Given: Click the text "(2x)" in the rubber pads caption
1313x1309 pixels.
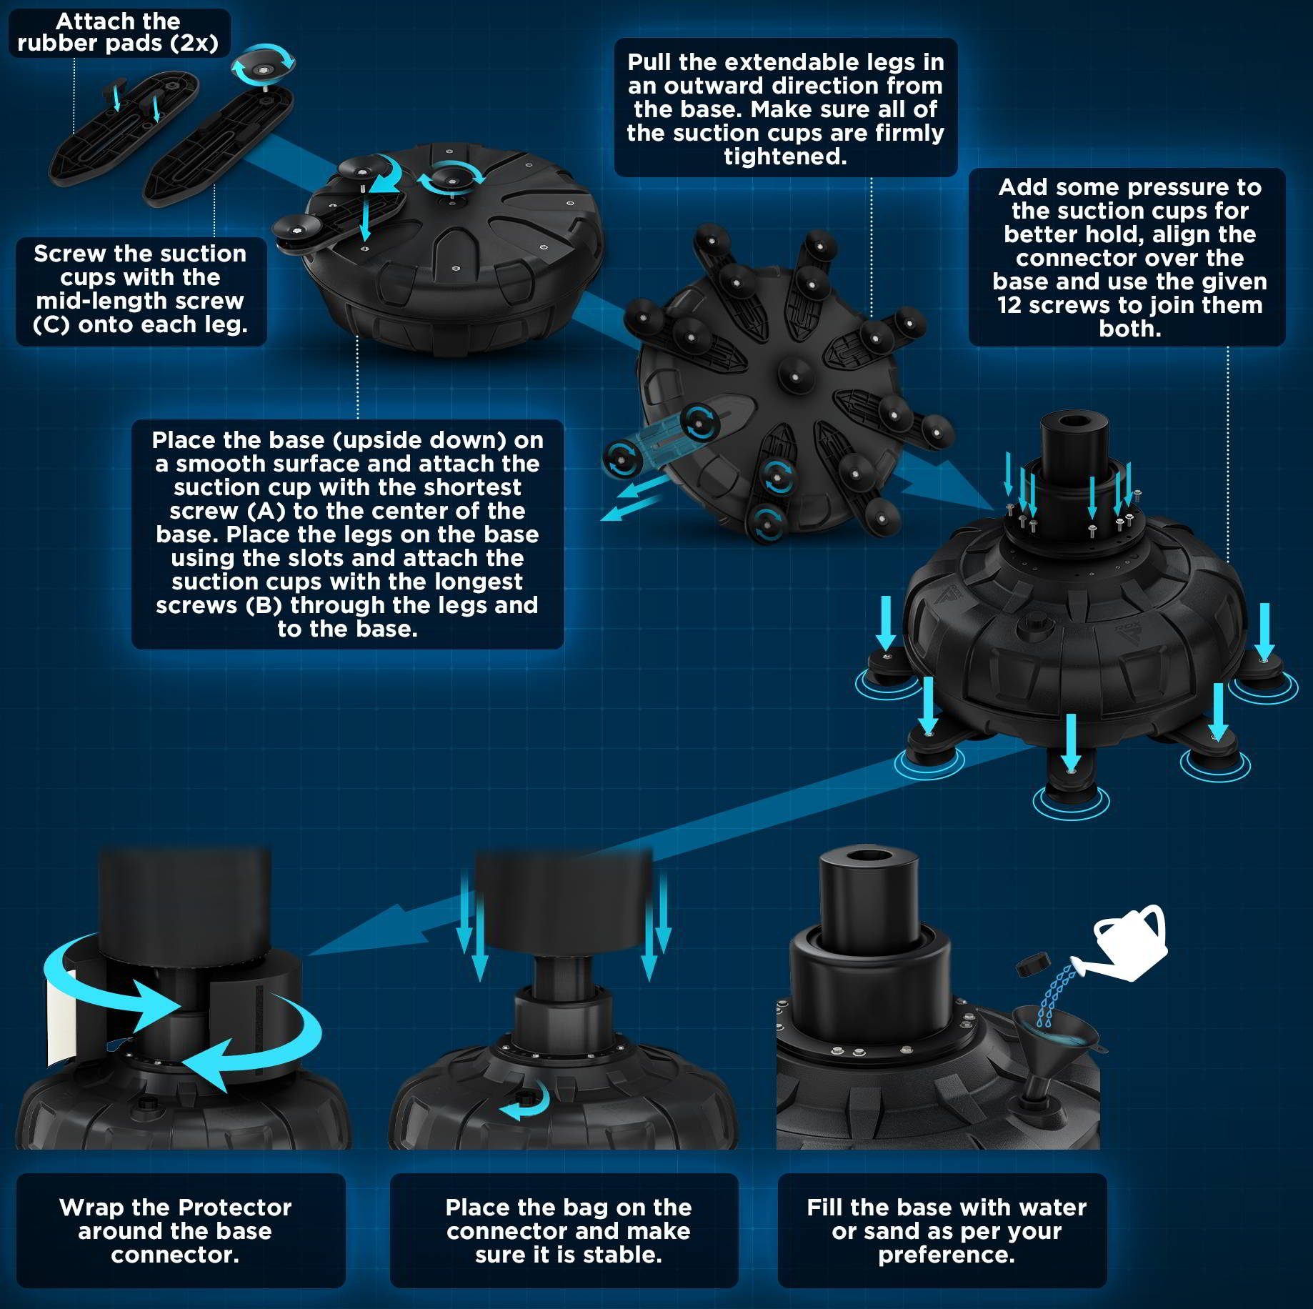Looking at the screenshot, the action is coord(194,44).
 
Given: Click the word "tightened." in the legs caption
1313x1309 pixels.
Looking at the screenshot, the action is coord(785,156).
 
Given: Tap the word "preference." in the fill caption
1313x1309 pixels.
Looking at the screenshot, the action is coord(947,1255).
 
